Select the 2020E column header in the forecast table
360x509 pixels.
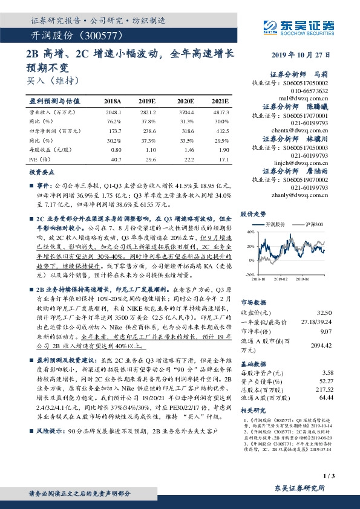tap(185, 102)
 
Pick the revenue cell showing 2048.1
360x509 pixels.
tap(113, 112)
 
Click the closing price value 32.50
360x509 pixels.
tap(325, 312)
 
